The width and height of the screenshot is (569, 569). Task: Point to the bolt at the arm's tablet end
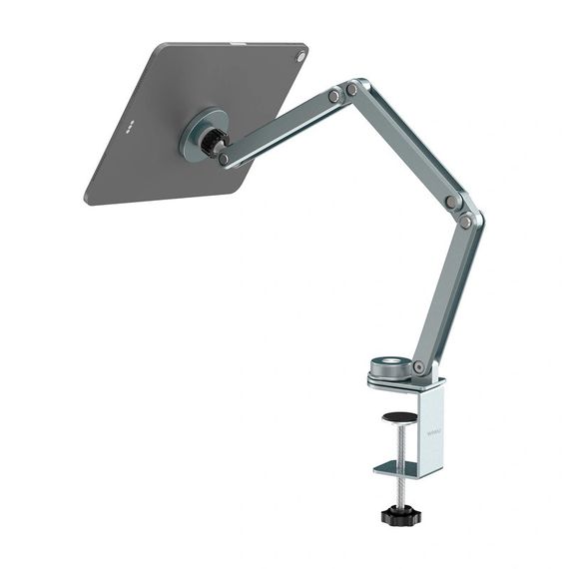[224, 158]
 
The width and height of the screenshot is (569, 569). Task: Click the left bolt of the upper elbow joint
[333, 97]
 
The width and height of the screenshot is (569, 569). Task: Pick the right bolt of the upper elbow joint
[352, 90]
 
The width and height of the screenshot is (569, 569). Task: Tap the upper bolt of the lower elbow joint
[452, 202]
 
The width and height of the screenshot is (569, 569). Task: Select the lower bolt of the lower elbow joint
[465, 222]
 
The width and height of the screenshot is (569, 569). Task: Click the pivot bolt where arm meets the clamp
[420, 366]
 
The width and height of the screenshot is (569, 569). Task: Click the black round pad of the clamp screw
[400, 417]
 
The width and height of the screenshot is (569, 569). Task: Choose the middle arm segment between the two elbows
[404, 145]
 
